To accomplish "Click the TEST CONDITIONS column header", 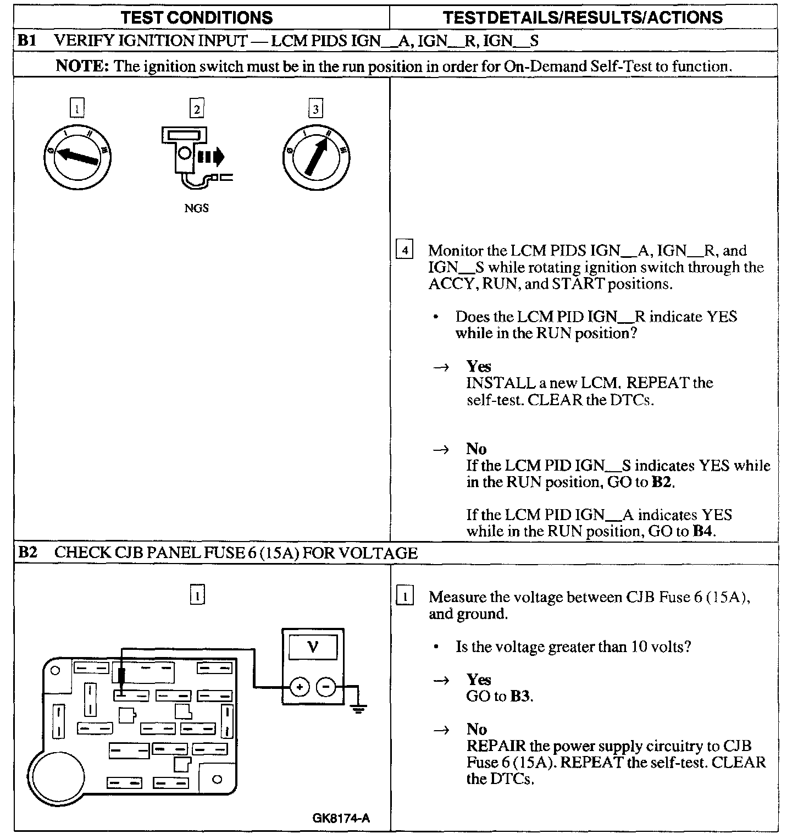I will point(196,17).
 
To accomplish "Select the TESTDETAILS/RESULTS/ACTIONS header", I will point(583,17).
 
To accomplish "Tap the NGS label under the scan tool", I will point(196,208).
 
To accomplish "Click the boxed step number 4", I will point(404,251).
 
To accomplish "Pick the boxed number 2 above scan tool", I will point(196,109).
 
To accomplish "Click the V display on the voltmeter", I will point(313,647).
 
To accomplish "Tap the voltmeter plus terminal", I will point(300,687).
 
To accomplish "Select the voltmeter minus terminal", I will point(326,687).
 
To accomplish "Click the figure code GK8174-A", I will point(341,818).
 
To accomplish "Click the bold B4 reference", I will point(703,531).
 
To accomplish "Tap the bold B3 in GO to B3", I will point(520,696).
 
